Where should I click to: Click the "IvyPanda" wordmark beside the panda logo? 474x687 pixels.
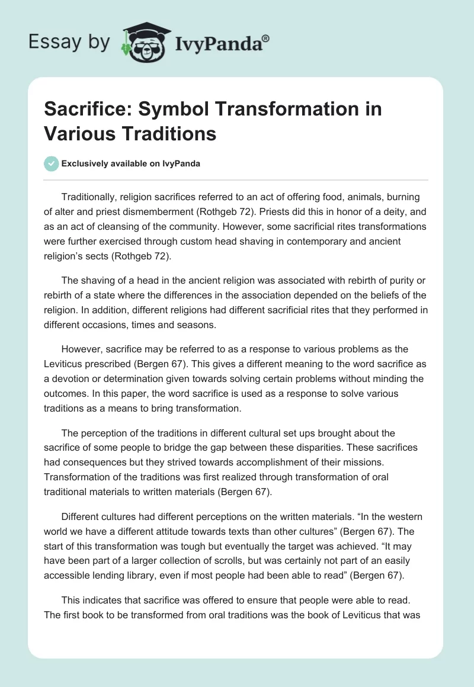point(216,42)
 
